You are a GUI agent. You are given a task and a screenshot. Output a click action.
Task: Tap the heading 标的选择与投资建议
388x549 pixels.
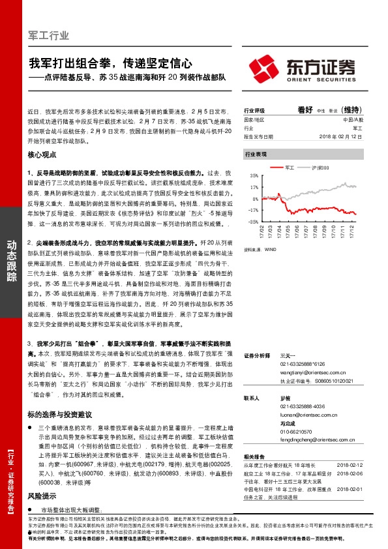pyautogui.click(x=59, y=415)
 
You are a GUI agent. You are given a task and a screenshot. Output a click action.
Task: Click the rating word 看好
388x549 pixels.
pyautogui.click(x=305, y=110)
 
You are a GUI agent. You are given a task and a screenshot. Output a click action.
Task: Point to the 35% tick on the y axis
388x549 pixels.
pyautogui.click(x=254, y=175)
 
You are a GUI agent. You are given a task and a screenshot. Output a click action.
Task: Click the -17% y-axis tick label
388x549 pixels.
pyautogui.click(x=253, y=210)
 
